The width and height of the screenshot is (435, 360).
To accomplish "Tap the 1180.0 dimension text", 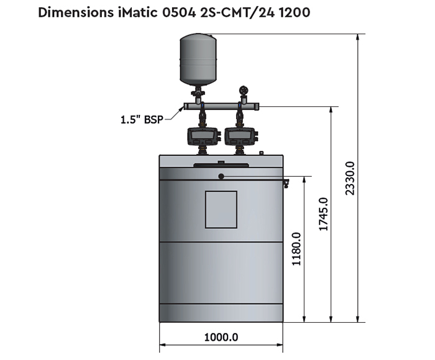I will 296,249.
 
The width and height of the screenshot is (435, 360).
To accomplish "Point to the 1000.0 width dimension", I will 221,338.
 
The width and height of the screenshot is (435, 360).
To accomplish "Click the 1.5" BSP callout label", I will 141,119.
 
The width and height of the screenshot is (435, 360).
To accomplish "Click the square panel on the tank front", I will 221,210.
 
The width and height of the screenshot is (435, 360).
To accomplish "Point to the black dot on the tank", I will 221,177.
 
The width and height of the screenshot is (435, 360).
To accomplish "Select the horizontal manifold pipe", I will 220,107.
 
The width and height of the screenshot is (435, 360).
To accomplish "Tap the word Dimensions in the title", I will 73,12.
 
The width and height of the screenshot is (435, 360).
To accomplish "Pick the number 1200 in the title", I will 293,12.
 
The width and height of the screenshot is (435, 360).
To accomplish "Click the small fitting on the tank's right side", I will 286,183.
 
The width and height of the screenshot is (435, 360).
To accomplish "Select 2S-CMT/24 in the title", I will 234,12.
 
